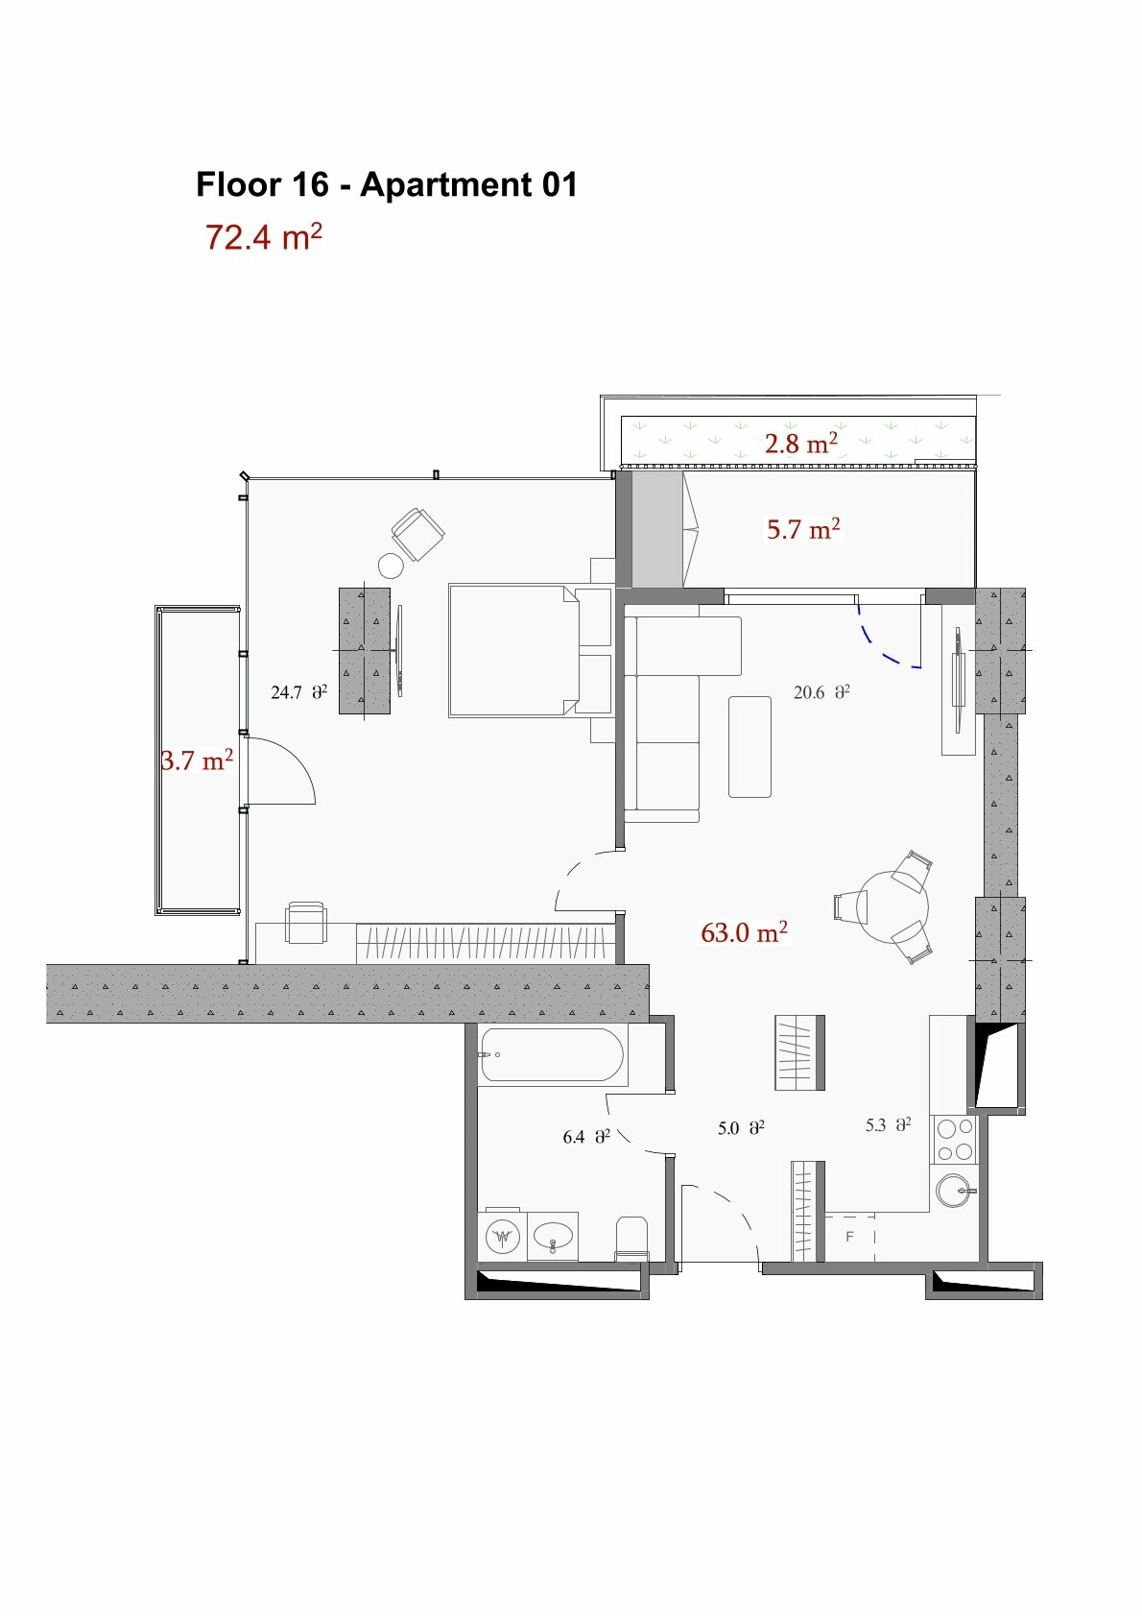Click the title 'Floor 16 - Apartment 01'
point(387,184)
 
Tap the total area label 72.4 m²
point(263,236)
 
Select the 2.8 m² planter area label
point(801,443)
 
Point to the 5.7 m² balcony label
point(803,529)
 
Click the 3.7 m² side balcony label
point(197,760)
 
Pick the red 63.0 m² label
point(744,932)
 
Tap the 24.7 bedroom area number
point(286,692)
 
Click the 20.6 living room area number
point(809,692)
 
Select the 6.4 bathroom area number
point(574,1137)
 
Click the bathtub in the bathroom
point(552,1054)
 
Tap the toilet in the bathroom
point(632,1239)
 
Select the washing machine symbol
point(503,1237)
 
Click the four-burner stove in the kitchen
point(955,1140)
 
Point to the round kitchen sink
point(954,1190)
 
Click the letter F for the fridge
point(849,1237)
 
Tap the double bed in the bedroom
point(513,651)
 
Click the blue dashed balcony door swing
point(886,639)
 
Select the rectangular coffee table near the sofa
point(749,747)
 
